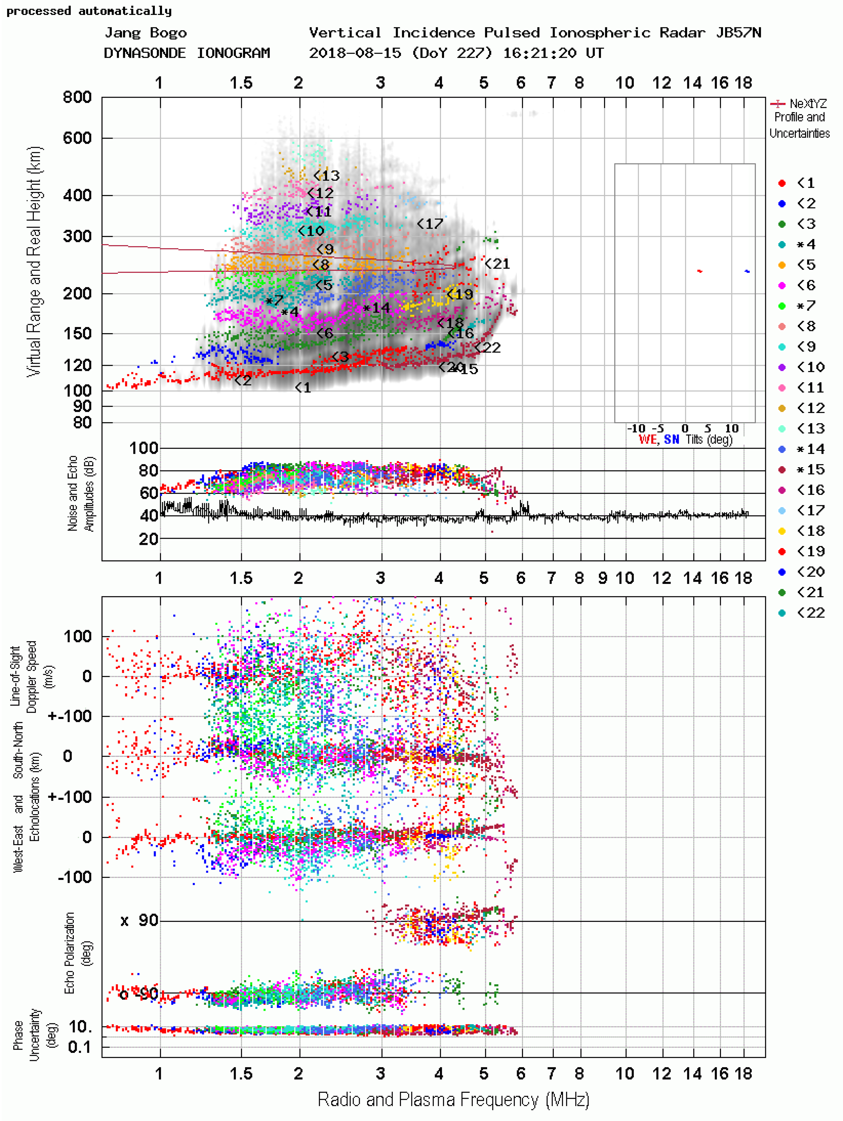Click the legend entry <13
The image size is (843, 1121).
click(810, 429)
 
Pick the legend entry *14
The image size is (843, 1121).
click(810, 449)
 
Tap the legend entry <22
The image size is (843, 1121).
click(810, 613)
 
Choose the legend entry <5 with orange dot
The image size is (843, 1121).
click(805, 265)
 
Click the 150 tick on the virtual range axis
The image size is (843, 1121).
click(77, 333)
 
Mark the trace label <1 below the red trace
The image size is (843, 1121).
click(303, 388)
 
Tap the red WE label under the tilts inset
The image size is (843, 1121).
click(647, 439)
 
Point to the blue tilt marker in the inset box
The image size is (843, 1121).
click(747, 271)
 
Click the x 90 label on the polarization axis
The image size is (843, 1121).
click(139, 920)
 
